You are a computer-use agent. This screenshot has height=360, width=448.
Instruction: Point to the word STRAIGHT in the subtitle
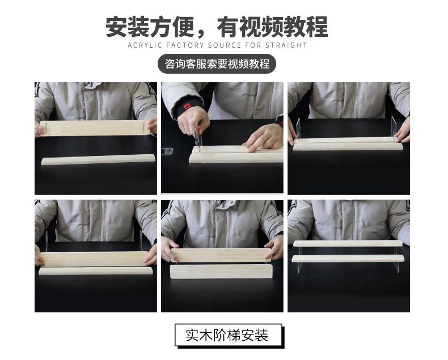286,45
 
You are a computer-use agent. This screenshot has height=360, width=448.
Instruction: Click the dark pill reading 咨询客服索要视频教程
217,63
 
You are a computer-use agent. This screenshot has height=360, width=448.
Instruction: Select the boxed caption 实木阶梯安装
228,335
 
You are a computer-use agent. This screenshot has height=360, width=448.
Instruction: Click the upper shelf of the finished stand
348,243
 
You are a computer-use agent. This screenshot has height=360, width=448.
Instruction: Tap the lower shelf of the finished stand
348,259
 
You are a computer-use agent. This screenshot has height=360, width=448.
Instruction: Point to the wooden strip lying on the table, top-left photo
98,160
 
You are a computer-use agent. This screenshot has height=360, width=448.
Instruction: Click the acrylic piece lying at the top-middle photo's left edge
167,151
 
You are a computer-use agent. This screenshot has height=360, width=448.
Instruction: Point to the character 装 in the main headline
138,27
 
